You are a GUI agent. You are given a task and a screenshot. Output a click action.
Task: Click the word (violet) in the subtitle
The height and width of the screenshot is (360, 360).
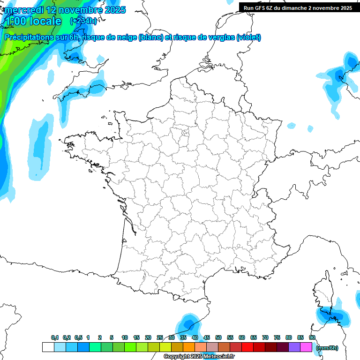[248, 37]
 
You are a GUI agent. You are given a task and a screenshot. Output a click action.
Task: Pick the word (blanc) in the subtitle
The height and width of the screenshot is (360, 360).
[150, 37]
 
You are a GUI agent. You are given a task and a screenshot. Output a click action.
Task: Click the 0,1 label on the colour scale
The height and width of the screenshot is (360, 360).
[55, 337]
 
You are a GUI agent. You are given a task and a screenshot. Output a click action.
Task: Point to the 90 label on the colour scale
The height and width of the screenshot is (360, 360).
[312, 337]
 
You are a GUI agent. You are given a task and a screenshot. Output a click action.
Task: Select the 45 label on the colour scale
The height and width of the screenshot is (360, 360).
[207, 337]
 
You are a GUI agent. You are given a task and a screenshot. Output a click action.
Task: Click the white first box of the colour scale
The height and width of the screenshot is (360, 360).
[48, 347]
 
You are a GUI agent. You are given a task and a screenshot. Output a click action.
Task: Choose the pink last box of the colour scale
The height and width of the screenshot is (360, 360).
[306, 347]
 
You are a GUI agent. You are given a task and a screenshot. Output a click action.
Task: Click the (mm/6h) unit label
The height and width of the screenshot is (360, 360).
[327, 347]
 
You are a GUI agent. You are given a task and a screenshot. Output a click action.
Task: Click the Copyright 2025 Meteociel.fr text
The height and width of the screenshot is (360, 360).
[199, 357]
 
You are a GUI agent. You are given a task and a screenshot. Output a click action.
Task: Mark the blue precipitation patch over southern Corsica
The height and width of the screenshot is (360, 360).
[333, 316]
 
